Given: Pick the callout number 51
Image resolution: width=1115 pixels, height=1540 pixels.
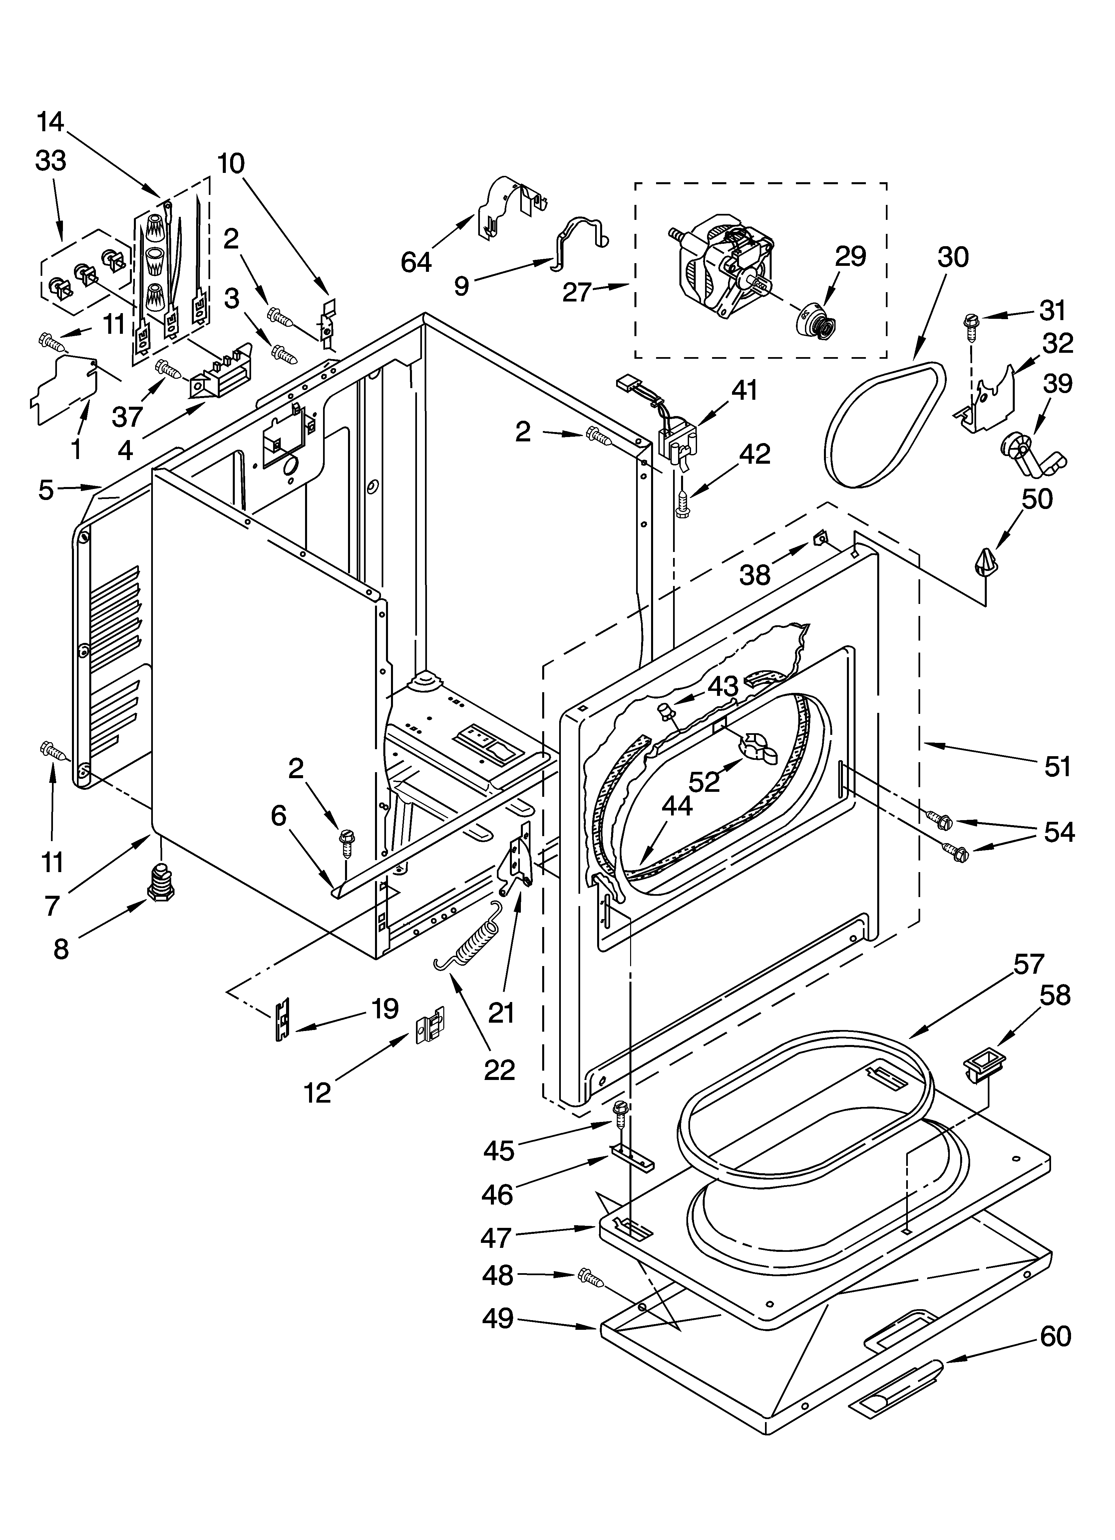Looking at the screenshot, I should [1057, 767].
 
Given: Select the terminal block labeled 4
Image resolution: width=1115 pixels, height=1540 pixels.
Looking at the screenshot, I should [219, 381].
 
